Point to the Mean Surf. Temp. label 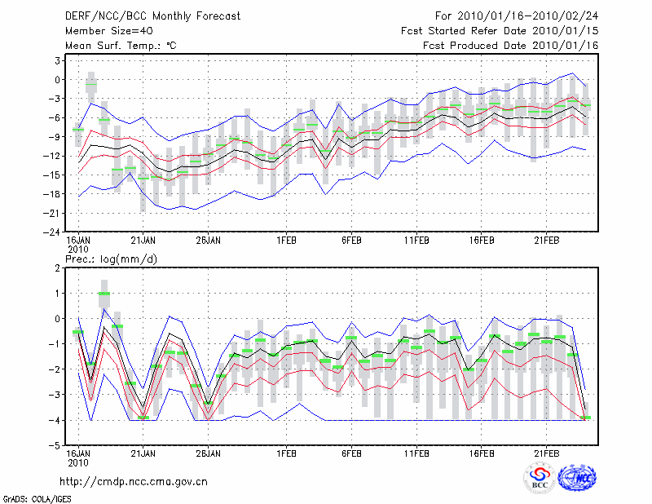[121, 46]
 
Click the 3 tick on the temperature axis [59, 60]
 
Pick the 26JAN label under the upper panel [209, 241]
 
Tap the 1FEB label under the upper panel [286, 241]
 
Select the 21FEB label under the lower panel [546, 453]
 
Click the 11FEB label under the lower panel [416, 453]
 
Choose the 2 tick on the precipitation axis [59, 267]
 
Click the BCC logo [540, 480]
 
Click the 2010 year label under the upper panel [77, 249]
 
